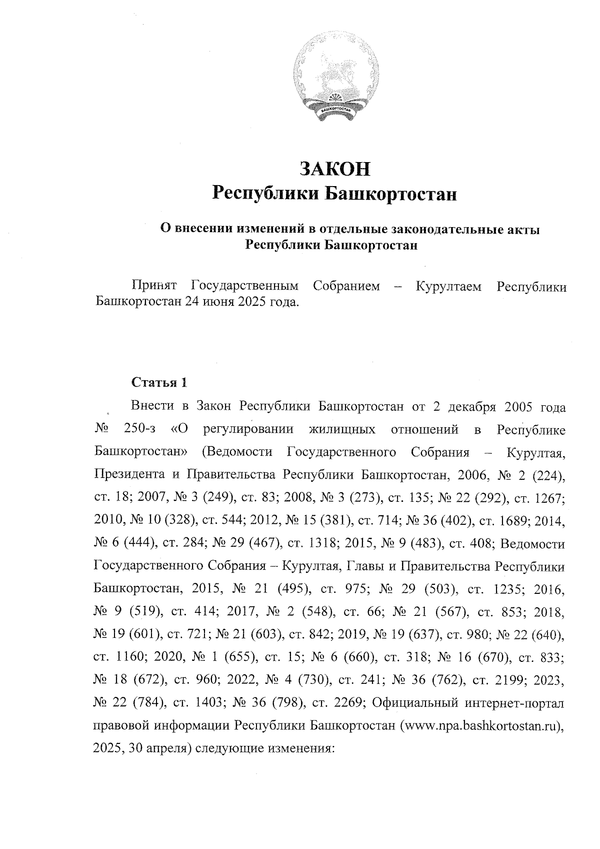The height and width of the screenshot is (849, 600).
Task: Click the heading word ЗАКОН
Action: (x=334, y=169)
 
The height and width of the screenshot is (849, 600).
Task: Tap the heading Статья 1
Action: (x=159, y=383)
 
